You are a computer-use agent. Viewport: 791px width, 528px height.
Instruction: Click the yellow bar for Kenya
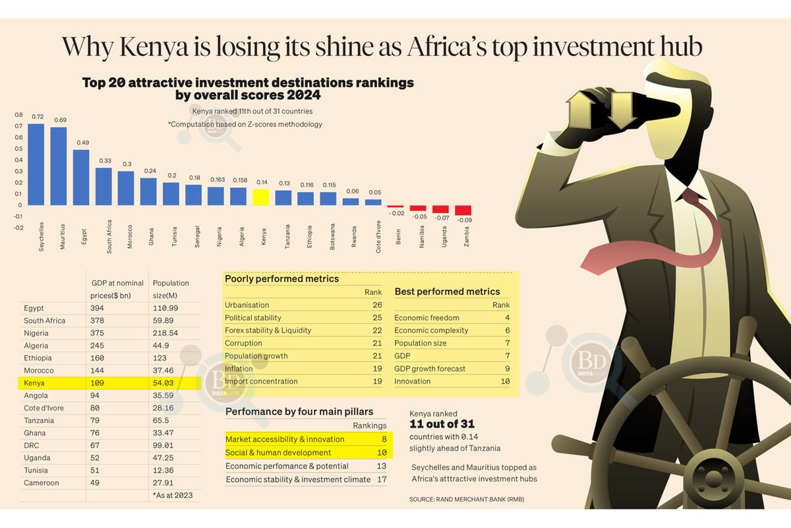pos(261,197)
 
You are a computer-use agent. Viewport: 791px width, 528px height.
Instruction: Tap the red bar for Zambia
pos(463,210)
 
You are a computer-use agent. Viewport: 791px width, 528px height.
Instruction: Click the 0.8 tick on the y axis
pos(18,115)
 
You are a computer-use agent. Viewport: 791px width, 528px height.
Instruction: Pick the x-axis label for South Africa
pos(109,236)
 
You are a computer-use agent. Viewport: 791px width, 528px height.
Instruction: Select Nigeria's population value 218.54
pos(165,333)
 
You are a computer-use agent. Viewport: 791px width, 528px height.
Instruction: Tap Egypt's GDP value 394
pos(97,308)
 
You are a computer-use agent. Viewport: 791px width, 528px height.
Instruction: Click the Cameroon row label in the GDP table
pos(42,482)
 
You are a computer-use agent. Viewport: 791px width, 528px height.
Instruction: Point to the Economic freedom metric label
pos(426,317)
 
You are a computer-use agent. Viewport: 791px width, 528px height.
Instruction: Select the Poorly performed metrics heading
pos(281,279)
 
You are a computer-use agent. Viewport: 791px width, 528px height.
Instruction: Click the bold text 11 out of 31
pos(442,424)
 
